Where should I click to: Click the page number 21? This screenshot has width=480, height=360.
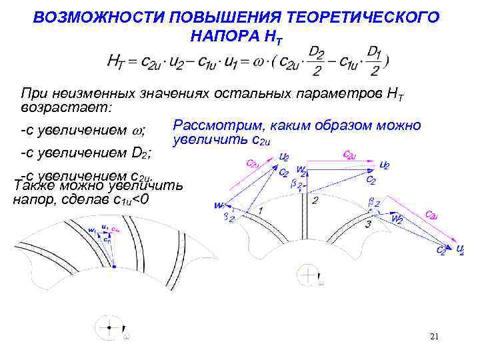pos(434,337)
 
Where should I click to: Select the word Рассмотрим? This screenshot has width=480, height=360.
pos(213,125)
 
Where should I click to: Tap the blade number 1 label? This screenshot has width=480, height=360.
pos(260,211)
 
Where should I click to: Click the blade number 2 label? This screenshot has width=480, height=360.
pos(314,199)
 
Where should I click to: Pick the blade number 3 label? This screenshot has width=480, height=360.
pos(368,224)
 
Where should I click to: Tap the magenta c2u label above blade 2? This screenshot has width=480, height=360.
pos(348,155)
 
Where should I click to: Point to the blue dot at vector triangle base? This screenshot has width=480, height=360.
pos(113,266)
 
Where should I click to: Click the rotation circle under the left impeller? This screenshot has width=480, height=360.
pos(107,327)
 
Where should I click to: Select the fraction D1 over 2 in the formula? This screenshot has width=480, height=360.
pos(375,61)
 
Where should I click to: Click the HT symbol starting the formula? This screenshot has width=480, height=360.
pos(115,62)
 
